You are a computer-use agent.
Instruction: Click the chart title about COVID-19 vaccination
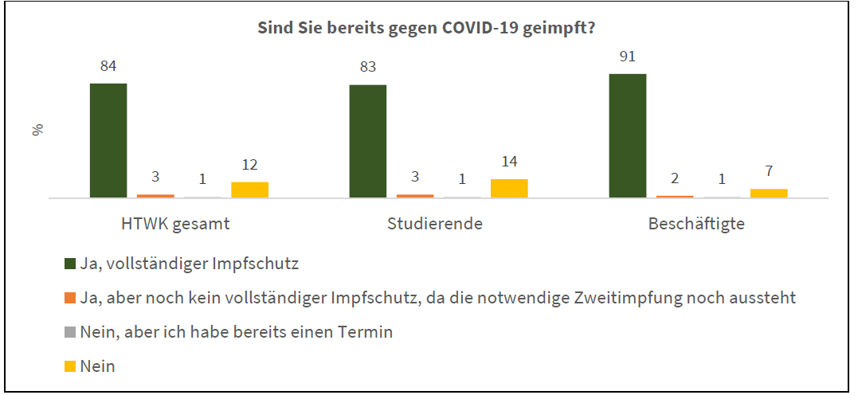point(426,29)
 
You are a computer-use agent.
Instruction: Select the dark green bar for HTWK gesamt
point(108,141)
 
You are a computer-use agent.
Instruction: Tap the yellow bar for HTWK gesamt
point(249,190)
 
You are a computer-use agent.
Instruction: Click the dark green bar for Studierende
point(368,141)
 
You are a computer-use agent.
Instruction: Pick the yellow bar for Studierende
point(509,188)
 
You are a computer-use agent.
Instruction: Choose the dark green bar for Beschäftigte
point(628,135)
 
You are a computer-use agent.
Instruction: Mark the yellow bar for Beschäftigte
point(769,194)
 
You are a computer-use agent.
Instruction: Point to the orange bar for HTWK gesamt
point(155,196)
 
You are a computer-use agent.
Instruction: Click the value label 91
point(628,57)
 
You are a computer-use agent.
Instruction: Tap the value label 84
point(108,67)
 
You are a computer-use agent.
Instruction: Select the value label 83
point(368,68)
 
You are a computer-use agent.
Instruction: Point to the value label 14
point(509,162)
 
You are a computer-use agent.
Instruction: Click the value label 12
point(249,165)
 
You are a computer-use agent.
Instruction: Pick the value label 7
point(769,171)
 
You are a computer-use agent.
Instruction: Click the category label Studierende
point(435,224)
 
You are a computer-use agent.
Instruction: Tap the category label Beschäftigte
point(696,225)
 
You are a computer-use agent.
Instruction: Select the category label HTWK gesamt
point(175,225)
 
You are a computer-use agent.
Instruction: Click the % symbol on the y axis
point(37,130)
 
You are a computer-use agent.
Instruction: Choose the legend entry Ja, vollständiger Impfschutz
point(182,264)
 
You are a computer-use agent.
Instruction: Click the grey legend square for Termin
point(69,333)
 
